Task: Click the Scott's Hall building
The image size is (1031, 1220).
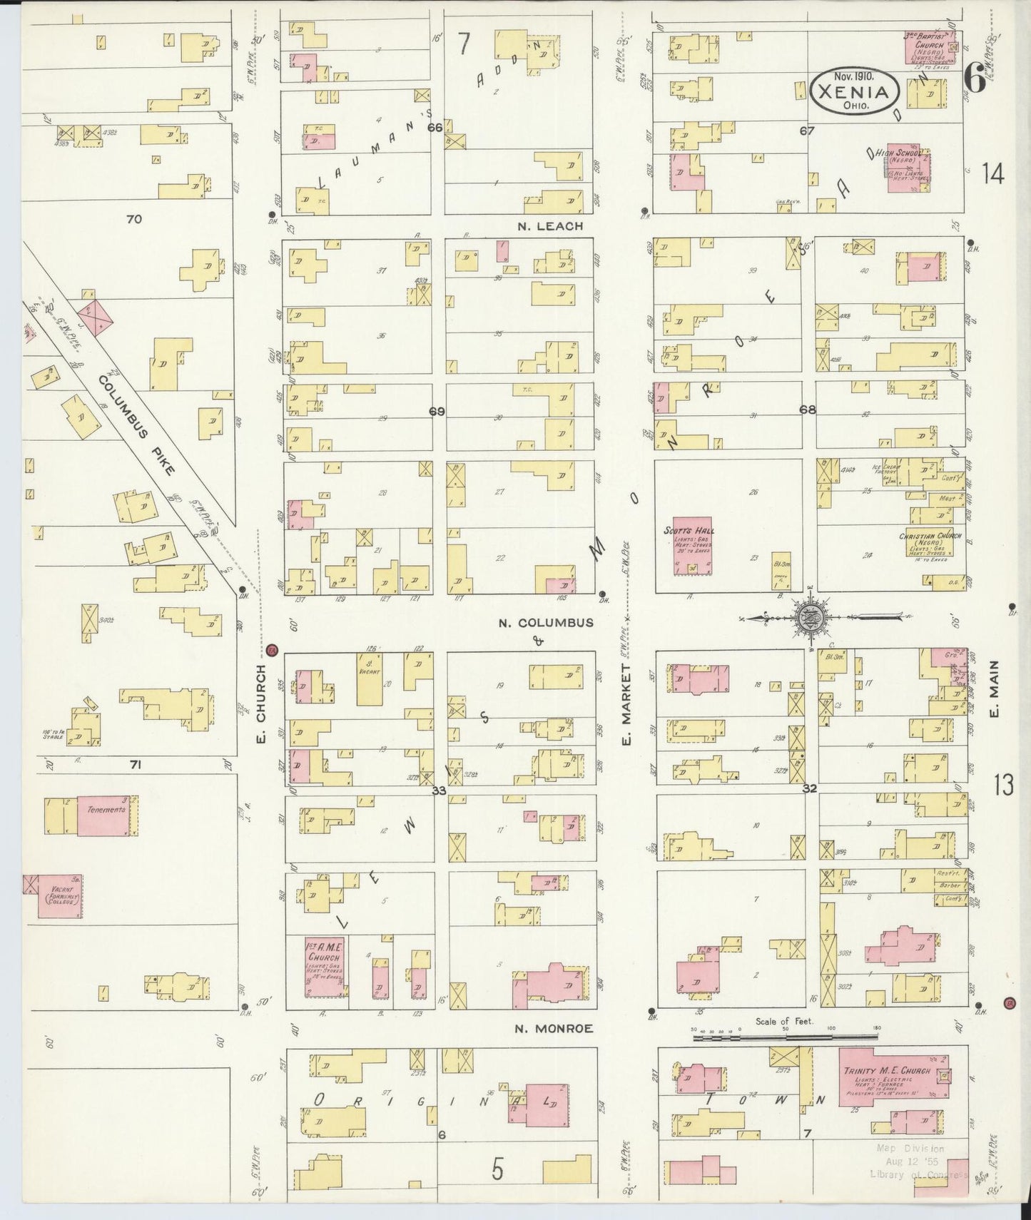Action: click(x=692, y=547)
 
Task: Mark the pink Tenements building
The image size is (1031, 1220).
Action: click(x=106, y=814)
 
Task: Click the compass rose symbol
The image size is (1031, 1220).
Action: click(x=811, y=616)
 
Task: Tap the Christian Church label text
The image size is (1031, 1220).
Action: click(x=930, y=537)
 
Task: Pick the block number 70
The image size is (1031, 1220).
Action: click(x=133, y=219)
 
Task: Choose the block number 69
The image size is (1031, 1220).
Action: click(x=436, y=411)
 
